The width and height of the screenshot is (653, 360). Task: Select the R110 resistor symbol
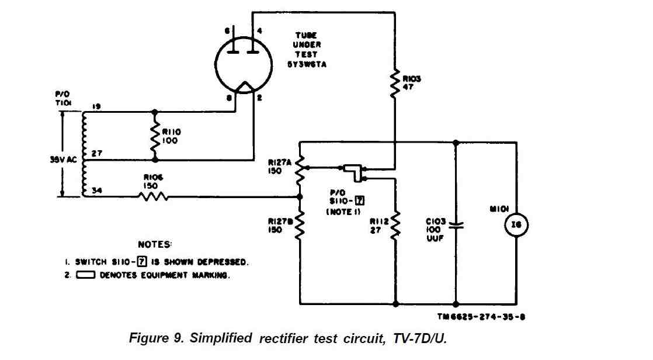155,134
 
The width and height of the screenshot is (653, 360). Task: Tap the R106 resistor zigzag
153,197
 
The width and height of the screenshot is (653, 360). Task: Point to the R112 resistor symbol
395,225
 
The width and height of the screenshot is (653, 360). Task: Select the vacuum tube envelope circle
243,64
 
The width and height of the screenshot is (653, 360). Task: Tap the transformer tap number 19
97,106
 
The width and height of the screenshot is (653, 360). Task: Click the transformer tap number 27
97,153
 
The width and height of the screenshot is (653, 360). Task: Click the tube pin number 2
259,98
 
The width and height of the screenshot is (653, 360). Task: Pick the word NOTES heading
155,244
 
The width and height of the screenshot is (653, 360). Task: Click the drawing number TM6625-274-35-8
484,317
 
